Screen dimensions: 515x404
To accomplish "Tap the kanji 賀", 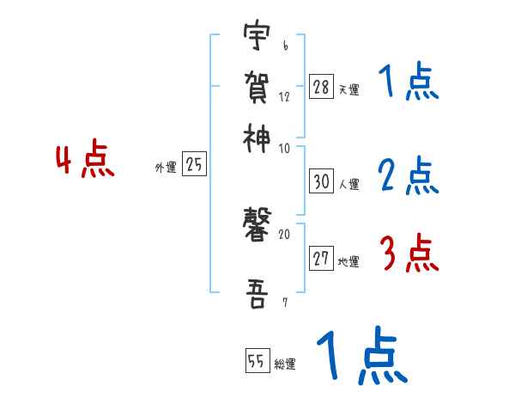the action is pyautogui.click(x=256, y=86).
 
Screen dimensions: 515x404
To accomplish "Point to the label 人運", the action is pyautogui.click(x=349, y=184).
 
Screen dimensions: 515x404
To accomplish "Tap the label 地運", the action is pyautogui.click(x=349, y=262).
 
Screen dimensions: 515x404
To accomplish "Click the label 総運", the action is pyautogui.click(x=285, y=364).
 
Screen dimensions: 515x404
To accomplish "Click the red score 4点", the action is pyautogui.click(x=84, y=162).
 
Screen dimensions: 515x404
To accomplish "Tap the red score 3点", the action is pyautogui.click(x=409, y=254).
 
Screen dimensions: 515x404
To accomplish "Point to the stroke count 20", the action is pyautogui.click(x=285, y=234).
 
